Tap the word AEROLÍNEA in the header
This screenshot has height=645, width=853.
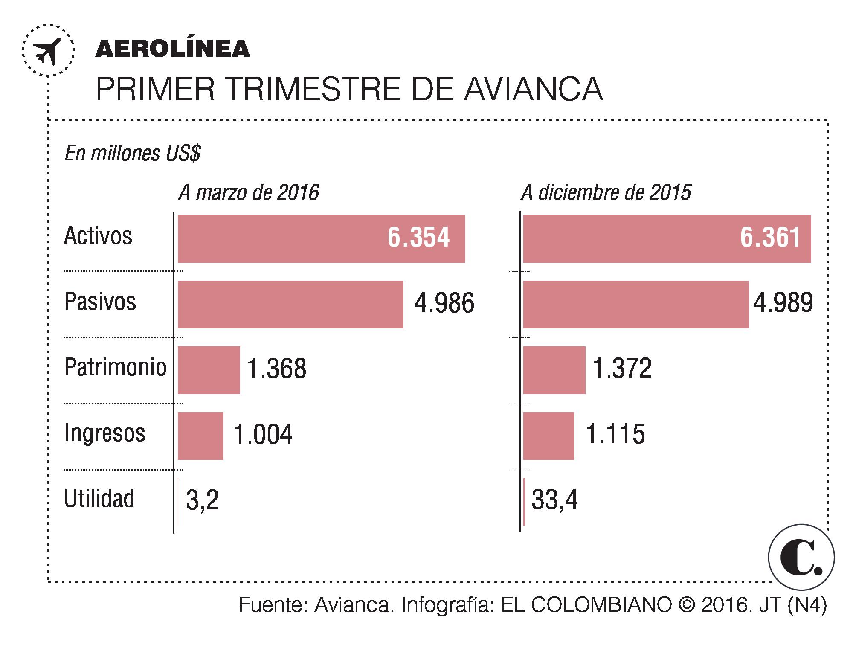[172, 49]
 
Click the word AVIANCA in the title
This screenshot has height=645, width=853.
[533, 89]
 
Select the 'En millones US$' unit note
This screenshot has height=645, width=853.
[132, 154]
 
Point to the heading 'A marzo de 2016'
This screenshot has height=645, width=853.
[249, 193]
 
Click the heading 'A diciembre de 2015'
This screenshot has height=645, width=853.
[606, 193]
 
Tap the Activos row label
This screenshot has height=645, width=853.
[98, 235]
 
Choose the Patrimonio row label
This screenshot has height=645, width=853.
[115, 367]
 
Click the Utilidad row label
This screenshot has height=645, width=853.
[99, 498]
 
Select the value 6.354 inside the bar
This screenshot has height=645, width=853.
[418, 238]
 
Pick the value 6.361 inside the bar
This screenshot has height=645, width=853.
[770, 238]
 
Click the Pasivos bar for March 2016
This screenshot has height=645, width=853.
[290, 304]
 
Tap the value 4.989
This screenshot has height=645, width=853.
[783, 303]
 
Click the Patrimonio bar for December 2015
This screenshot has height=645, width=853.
[554, 370]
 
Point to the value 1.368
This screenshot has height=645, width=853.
[276, 369]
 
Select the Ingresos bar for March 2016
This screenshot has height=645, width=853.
[200, 436]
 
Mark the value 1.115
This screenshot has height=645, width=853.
[615, 435]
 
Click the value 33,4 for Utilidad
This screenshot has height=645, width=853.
[554, 500]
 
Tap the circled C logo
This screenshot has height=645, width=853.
[801, 557]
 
